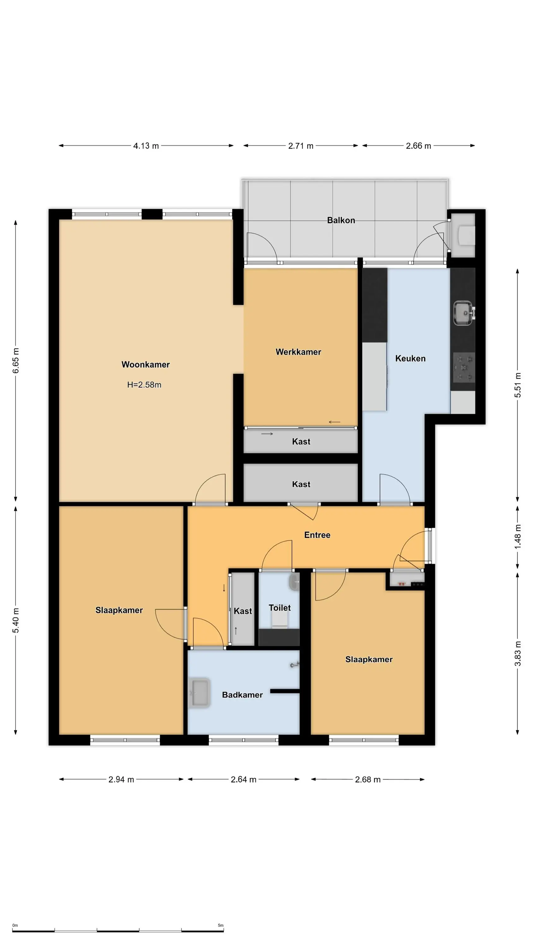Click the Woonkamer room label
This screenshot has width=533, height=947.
(146, 364)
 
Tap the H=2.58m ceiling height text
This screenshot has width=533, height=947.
(144, 384)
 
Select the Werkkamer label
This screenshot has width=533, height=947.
(298, 352)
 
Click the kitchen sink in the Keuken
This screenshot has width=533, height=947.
(463, 313)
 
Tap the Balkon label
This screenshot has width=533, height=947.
(341, 220)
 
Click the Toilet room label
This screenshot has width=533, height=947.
(279, 608)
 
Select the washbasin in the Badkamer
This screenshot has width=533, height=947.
(199, 693)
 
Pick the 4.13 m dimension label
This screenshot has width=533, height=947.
(146, 146)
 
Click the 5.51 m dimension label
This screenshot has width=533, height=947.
(518, 385)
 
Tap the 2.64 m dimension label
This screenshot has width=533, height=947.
(243, 779)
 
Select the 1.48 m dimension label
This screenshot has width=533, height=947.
(518, 537)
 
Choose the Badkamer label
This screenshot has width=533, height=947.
(243, 695)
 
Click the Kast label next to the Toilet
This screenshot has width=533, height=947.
(243, 611)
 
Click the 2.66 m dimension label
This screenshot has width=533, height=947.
(418, 146)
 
